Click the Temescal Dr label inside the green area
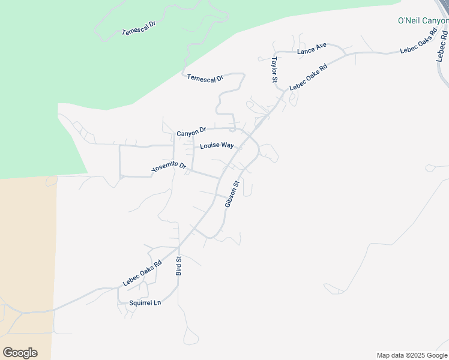coord(139,28)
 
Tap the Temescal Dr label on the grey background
coord(205,78)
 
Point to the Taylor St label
coord(274,70)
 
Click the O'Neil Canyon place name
coord(423,20)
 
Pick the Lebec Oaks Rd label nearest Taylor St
coord(308,77)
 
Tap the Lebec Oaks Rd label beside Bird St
coord(143,272)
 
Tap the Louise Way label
coord(217,145)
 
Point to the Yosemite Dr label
coord(169,167)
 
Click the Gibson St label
coord(232,194)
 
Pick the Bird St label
coord(178,265)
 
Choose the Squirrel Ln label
coord(145,303)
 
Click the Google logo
coord(20,353)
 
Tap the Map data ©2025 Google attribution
coord(411,355)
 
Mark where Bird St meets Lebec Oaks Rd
coord(179,247)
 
